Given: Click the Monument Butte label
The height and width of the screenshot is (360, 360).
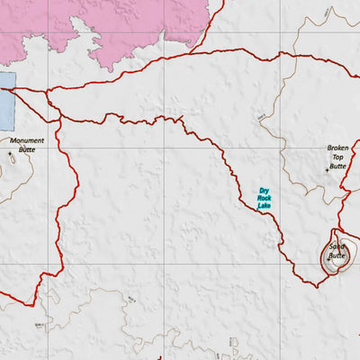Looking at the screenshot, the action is pyautogui.click(x=27, y=144).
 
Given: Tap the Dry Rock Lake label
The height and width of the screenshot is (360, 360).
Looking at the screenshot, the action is pyautogui.click(x=264, y=199).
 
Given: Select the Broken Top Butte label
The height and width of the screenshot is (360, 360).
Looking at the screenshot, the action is pyautogui.click(x=337, y=157).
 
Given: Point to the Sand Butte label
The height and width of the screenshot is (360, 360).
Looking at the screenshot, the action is pyautogui.click(x=337, y=251).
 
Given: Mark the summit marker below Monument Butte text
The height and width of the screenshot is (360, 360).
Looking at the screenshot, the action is pyautogui.click(x=12, y=155).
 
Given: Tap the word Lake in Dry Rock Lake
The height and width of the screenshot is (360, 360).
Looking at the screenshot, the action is pyautogui.click(x=264, y=207).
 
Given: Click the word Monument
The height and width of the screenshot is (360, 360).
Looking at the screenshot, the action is pyautogui.click(x=27, y=139).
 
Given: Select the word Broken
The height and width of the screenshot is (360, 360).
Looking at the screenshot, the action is pyautogui.click(x=337, y=148).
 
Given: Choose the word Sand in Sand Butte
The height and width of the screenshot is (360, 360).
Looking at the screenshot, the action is pyautogui.click(x=337, y=247).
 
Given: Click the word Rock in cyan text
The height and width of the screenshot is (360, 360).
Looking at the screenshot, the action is pyautogui.click(x=264, y=199).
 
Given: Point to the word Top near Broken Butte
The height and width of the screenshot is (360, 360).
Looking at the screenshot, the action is pyautogui.click(x=337, y=157).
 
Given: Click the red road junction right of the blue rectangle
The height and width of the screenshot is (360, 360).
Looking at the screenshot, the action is pyautogui.click(x=45, y=91).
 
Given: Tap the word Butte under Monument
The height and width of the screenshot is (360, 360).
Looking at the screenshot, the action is pyautogui.click(x=27, y=149).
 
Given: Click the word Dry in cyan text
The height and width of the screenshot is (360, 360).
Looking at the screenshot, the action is pyautogui.click(x=264, y=191).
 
